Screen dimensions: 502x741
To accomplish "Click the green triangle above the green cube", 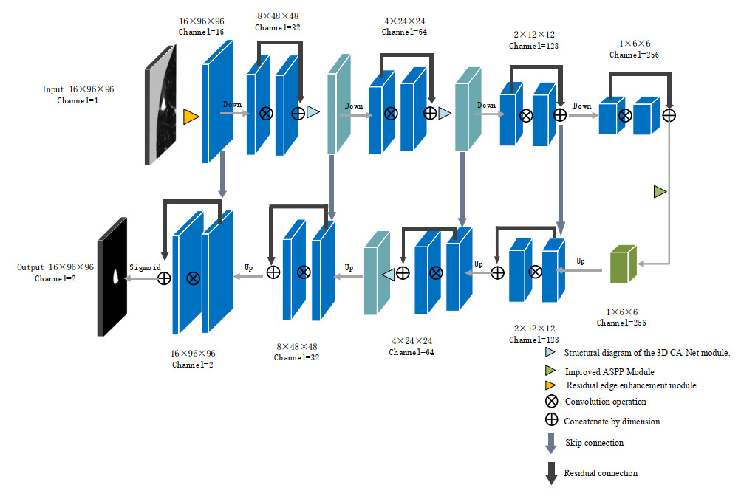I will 660,192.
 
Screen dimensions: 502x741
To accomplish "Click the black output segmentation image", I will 113,277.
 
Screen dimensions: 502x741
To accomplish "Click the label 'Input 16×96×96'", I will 78,89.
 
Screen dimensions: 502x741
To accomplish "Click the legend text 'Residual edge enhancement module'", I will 631,385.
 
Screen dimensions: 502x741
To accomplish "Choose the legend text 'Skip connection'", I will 594,443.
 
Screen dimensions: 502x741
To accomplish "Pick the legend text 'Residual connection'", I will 600,473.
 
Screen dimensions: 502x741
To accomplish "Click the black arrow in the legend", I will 550,474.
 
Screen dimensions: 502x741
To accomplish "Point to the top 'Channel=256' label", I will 634,55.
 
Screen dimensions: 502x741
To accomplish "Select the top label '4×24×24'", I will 404,21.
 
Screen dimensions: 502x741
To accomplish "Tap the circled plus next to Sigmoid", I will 164,278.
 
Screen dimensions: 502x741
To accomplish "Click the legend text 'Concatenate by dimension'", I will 612,422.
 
